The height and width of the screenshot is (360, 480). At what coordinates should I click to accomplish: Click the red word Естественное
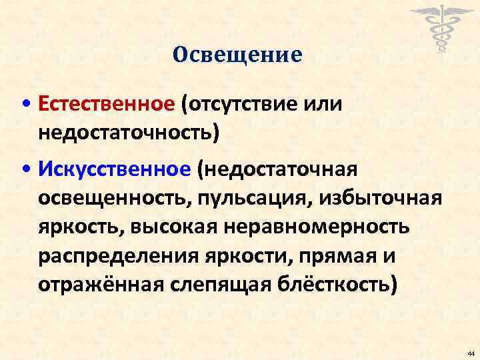[x=107, y=105]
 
